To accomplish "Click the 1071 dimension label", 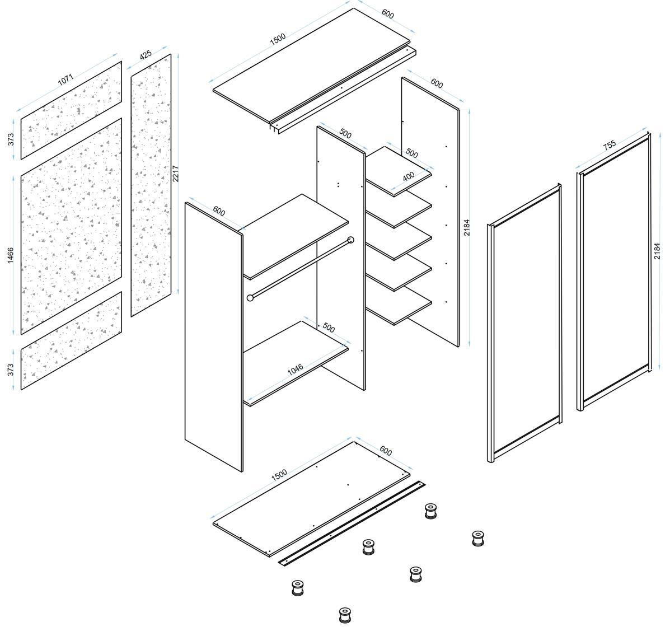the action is click(66, 80).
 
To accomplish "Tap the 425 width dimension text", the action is click(146, 55).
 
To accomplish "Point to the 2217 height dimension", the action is click(176, 174).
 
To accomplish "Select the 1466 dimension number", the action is click(11, 255).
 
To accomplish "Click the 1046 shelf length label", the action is click(296, 370).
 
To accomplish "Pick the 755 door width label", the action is click(610, 144).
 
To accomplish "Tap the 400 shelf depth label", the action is click(409, 176).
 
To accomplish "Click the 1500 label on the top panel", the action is click(278, 39).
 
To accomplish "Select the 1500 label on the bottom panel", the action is click(279, 475).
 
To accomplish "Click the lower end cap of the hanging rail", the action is click(250, 297).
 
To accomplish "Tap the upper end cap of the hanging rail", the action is click(352, 240).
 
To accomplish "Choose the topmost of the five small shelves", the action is click(398, 171).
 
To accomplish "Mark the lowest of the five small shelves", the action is click(398, 305).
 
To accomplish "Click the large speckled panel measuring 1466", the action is click(71, 227).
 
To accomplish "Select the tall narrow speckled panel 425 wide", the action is click(151, 185).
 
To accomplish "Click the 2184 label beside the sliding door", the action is click(657, 251).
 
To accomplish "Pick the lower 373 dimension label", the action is click(11, 370).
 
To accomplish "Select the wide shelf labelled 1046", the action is click(296, 363).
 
